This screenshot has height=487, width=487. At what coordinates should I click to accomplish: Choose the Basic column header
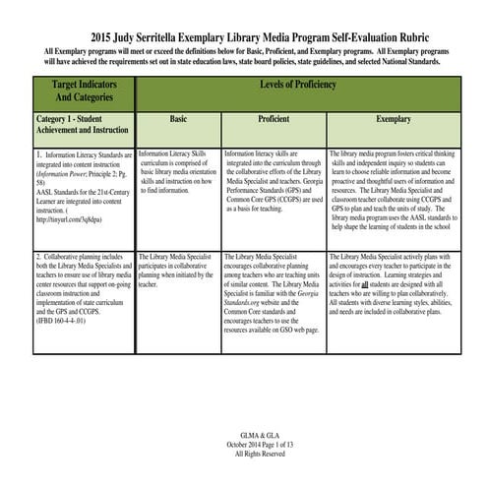178,118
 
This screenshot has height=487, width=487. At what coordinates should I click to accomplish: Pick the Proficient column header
273,118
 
